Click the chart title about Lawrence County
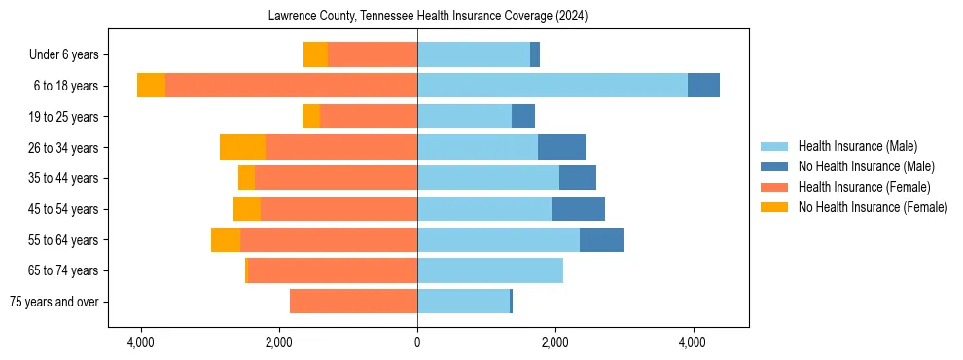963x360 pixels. click(427, 17)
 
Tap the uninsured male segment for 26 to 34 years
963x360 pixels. click(561, 147)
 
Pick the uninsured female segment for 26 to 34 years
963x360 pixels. click(242, 147)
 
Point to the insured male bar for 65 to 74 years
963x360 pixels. click(490, 270)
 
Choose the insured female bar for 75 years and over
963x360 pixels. click(353, 302)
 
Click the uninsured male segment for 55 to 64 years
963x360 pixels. click(601, 239)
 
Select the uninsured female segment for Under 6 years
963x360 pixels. click(315, 54)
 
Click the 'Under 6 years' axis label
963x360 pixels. click(69, 55)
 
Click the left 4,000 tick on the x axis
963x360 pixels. click(141, 342)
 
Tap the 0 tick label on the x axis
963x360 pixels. click(417, 342)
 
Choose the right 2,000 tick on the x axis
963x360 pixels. click(555, 342)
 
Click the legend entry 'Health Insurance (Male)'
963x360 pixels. click(857, 146)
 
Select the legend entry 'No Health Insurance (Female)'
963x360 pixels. click(873, 207)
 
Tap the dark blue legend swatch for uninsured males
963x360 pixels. click(774, 166)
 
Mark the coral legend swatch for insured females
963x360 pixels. click(774, 187)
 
